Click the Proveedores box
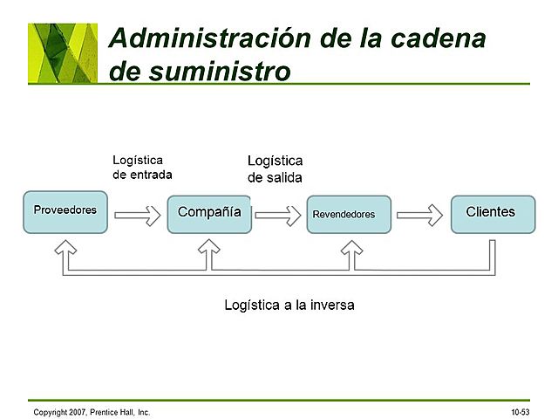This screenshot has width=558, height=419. point(65,212)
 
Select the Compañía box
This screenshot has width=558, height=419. point(209,213)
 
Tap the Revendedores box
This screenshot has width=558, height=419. point(349,215)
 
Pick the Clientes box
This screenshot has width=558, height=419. point(493,214)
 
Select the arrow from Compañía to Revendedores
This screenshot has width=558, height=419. point(278,215)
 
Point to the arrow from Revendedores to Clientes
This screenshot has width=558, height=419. point(419,215)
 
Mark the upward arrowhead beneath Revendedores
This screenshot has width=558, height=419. point(350,251)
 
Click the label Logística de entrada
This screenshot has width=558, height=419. point(142,167)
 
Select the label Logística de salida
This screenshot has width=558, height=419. point(275,169)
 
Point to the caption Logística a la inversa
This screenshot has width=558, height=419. point(289,306)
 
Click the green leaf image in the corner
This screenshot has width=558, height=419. point(63,52)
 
